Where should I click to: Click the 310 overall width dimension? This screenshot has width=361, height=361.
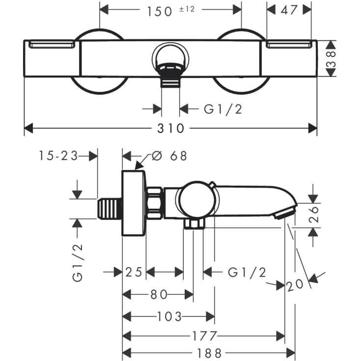[171, 129]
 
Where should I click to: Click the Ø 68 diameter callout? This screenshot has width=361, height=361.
[169, 156]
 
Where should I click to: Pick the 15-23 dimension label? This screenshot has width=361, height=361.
[58, 156]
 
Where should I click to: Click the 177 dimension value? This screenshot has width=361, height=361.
[203, 336]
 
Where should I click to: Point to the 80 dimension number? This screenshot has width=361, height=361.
[158, 294]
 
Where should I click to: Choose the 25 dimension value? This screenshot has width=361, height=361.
[133, 272]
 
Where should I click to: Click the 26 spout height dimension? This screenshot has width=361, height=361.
[314, 214]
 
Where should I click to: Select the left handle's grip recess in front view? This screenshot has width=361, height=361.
[52, 45]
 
